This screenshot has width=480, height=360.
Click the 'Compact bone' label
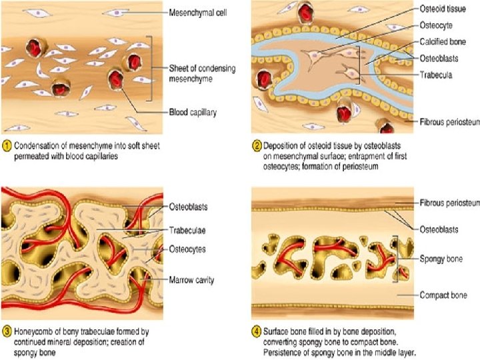pyautogui.click(x=443, y=295)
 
